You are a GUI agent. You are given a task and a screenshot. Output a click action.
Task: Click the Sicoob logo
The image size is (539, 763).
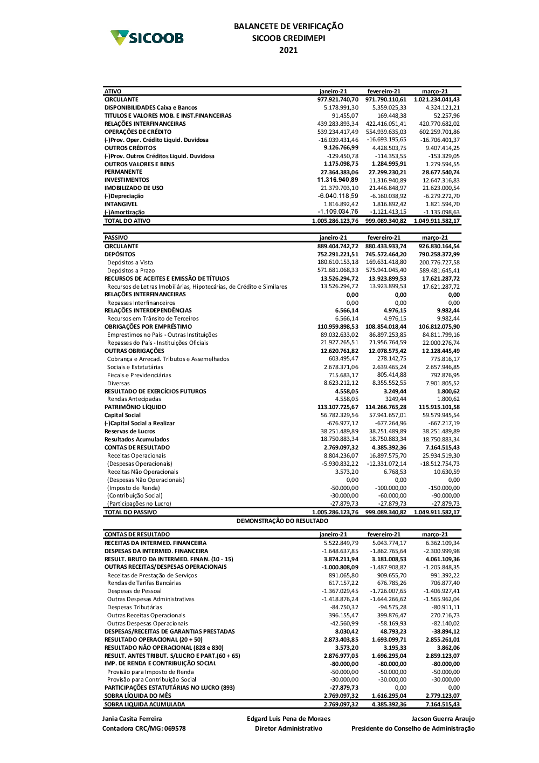point(147,38)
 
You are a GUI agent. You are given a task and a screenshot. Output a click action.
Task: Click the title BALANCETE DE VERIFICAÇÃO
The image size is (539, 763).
point(288,26)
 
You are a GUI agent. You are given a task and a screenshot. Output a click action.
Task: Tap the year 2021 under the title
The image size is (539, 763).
point(288,50)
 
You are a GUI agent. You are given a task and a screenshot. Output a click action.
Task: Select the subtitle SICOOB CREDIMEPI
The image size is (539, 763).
point(288,38)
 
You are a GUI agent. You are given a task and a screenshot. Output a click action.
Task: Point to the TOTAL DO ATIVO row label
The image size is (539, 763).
point(127,221)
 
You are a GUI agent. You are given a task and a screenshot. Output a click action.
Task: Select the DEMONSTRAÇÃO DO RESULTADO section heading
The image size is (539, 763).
point(282,521)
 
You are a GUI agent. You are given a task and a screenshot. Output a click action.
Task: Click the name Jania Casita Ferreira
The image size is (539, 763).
point(132,719)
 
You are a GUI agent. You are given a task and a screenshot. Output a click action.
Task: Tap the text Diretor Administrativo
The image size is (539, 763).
point(288,728)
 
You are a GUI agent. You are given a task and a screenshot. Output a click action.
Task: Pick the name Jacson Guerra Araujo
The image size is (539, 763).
point(443,719)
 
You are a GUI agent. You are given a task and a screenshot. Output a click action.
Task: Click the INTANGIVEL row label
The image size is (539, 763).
point(121,205)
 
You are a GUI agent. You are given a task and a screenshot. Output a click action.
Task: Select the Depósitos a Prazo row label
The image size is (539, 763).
point(131,271)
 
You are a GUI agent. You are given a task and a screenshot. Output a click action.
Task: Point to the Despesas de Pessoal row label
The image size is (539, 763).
point(134,591)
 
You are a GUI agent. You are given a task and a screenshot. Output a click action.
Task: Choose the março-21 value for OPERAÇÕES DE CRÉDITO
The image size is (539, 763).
point(439,132)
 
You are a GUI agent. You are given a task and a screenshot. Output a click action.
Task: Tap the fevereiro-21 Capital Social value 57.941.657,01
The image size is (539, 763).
point(388,415)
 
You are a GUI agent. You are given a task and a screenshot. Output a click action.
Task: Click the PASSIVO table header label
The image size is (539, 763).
point(116,238)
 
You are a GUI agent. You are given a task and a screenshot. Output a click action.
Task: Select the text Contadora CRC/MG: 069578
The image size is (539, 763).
point(144,728)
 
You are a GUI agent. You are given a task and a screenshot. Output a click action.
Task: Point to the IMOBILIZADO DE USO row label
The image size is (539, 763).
point(134,188)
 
